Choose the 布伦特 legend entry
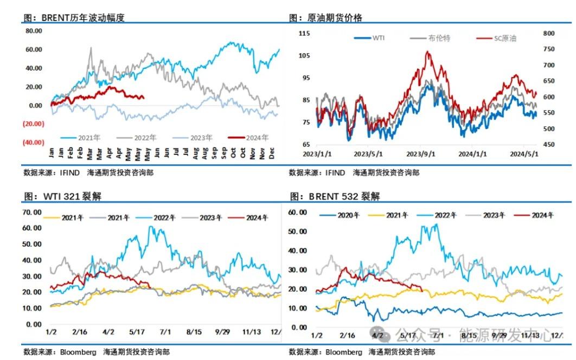439,38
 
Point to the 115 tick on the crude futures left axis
304,34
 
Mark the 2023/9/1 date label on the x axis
421,154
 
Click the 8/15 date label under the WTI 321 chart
194,332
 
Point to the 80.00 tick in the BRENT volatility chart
34,31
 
